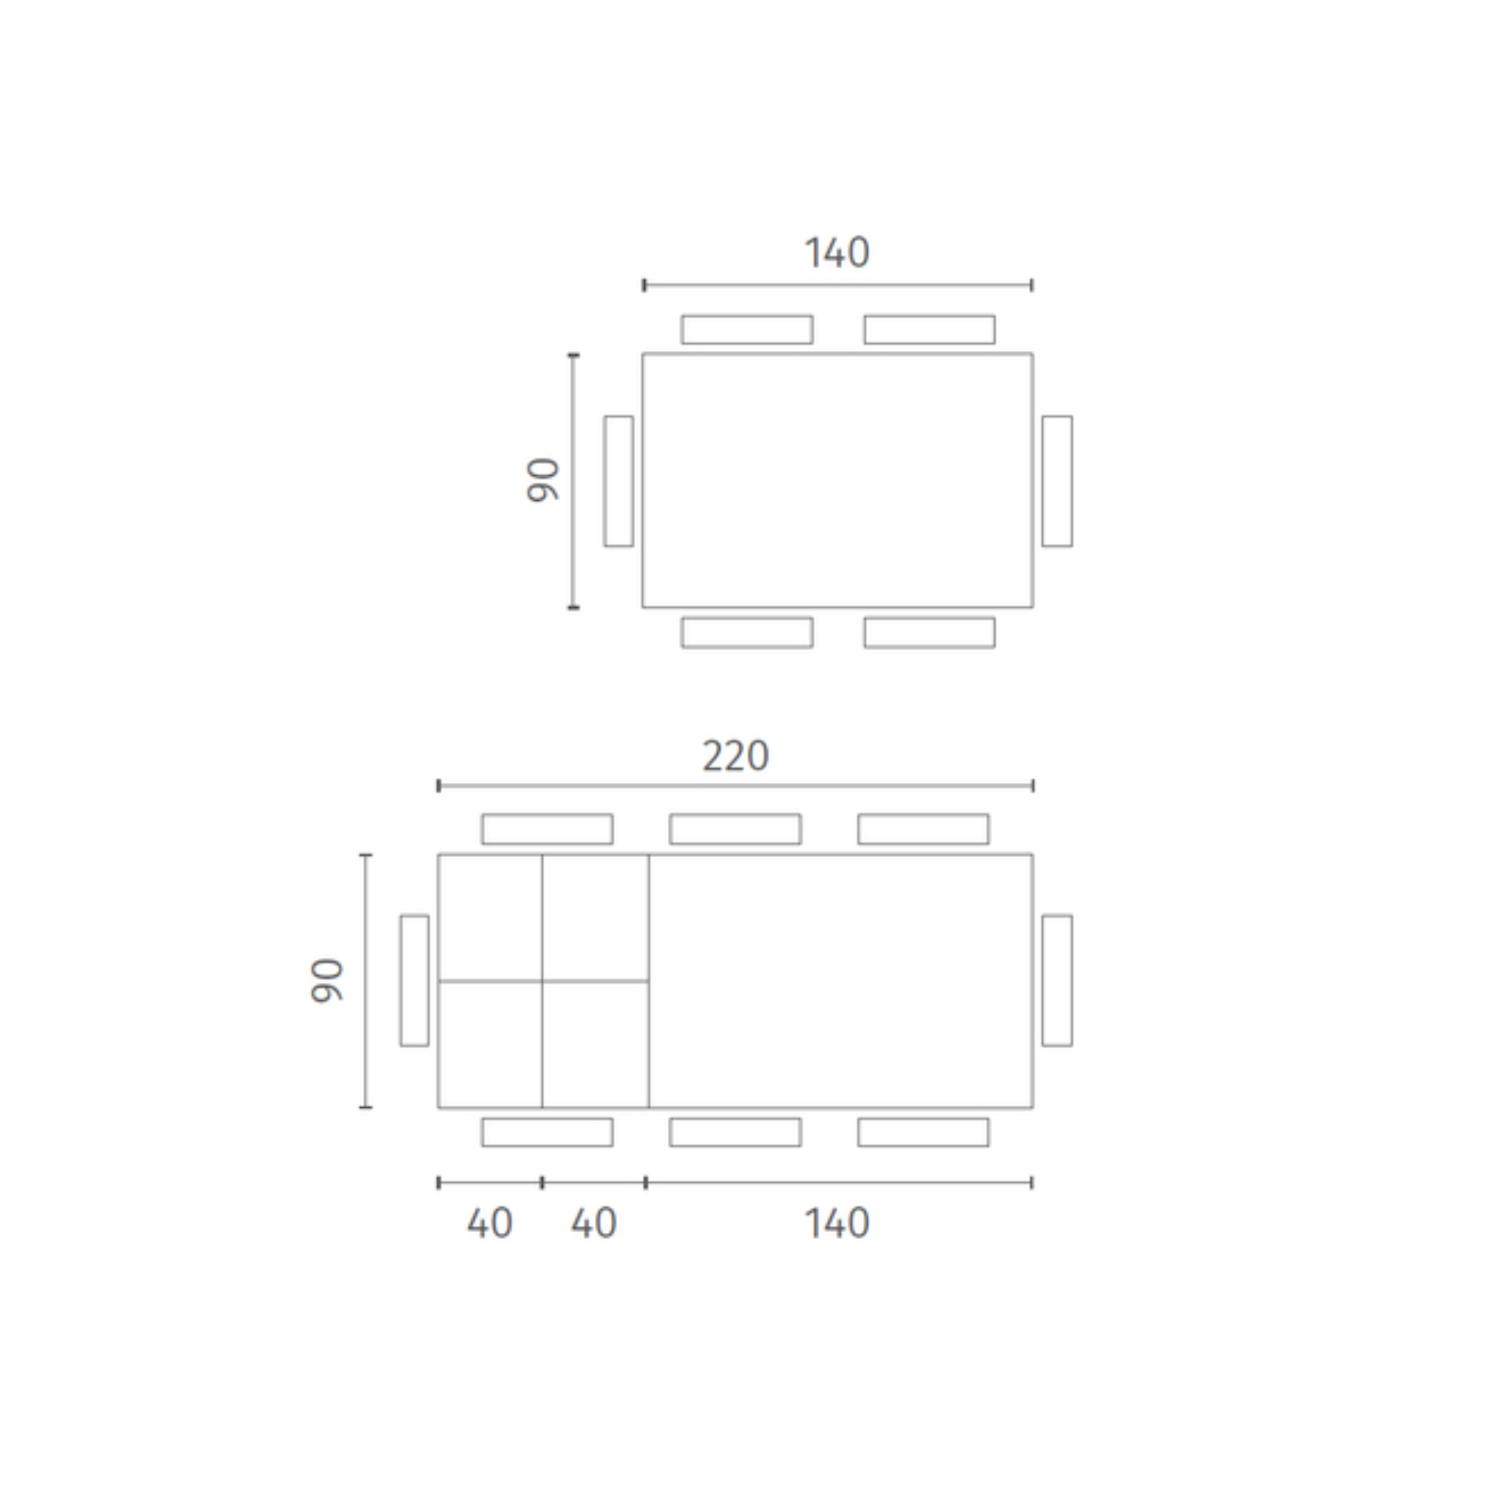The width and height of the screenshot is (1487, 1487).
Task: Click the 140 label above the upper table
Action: [x=837, y=252]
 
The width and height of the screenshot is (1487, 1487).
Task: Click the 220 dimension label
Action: [x=735, y=756]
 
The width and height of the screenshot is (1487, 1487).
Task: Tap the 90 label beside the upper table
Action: [x=543, y=481]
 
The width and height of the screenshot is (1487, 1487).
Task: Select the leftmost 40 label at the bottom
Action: [x=489, y=1223]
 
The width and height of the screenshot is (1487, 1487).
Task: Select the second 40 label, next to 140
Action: [x=593, y=1223]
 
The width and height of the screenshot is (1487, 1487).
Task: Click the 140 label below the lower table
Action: [x=837, y=1223]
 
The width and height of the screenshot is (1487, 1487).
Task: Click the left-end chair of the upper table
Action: [x=618, y=481]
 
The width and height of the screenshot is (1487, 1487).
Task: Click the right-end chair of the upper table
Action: [x=1056, y=481]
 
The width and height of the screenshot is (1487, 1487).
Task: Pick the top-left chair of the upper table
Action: [x=747, y=329]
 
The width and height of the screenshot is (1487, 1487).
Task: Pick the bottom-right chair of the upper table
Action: [x=929, y=633]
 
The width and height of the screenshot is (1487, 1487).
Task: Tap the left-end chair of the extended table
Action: [x=414, y=981]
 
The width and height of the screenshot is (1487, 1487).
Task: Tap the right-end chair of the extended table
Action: [x=1056, y=981]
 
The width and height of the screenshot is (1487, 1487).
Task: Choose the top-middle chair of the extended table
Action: [x=735, y=829]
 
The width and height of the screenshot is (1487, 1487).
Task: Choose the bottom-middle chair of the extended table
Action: [x=735, y=1132]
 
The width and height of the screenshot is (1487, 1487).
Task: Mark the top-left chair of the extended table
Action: [x=547, y=829]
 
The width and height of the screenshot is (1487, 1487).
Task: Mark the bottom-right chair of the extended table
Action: [x=923, y=1132]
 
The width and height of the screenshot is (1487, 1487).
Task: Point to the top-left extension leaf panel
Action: [x=490, y=917]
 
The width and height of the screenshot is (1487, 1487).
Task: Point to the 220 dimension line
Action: [x=735, y=786]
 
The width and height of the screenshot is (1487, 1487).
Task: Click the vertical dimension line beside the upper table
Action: [x=573, y=481]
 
